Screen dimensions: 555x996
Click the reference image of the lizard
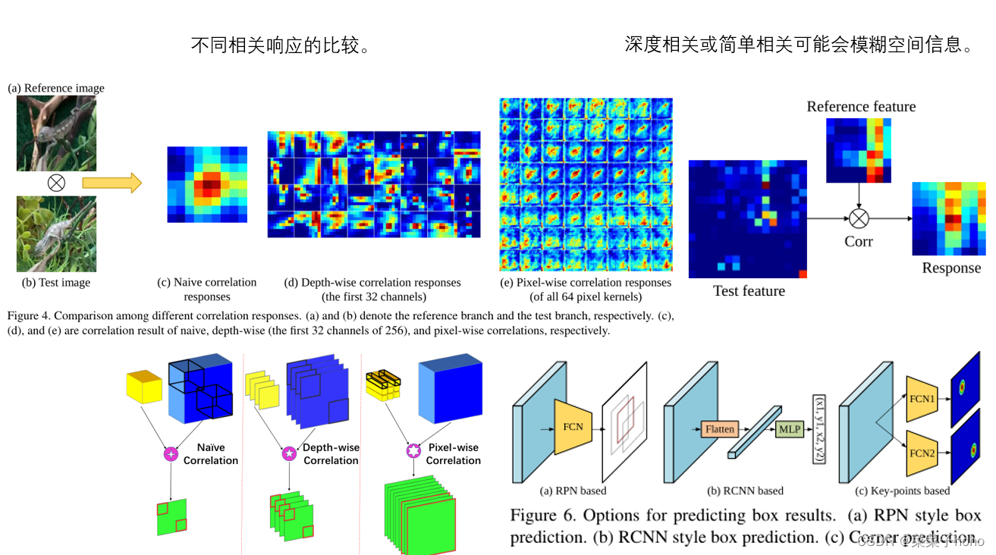(x=56, y=133)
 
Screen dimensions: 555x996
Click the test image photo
(x=56, y=234)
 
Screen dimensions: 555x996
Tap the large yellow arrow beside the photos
(x=112, y=183)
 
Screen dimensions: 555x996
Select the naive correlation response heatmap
(x=207, y=184)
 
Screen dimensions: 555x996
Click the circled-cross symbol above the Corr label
(x=858, y=218)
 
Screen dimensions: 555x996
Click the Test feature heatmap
(x=747, y=219)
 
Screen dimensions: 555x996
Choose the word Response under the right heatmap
(x=951, y=268)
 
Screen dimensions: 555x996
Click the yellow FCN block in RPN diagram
(x=573, y=427)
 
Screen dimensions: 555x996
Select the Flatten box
(x=719, y=429)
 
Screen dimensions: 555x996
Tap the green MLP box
(x=790, y=430)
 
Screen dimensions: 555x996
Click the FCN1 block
(x=922, y=398)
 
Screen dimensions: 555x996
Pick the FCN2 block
(x=922, y=453)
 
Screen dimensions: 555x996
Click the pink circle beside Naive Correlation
(x=171, y=454)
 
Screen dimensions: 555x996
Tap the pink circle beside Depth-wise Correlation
(x=289, y=454)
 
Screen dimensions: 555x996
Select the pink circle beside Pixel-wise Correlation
(x=413, y=452)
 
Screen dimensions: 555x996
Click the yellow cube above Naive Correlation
(x=144, y=387)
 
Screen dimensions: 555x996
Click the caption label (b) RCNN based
(x=746, y=491)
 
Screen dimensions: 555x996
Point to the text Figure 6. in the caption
(x=544, y=516)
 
